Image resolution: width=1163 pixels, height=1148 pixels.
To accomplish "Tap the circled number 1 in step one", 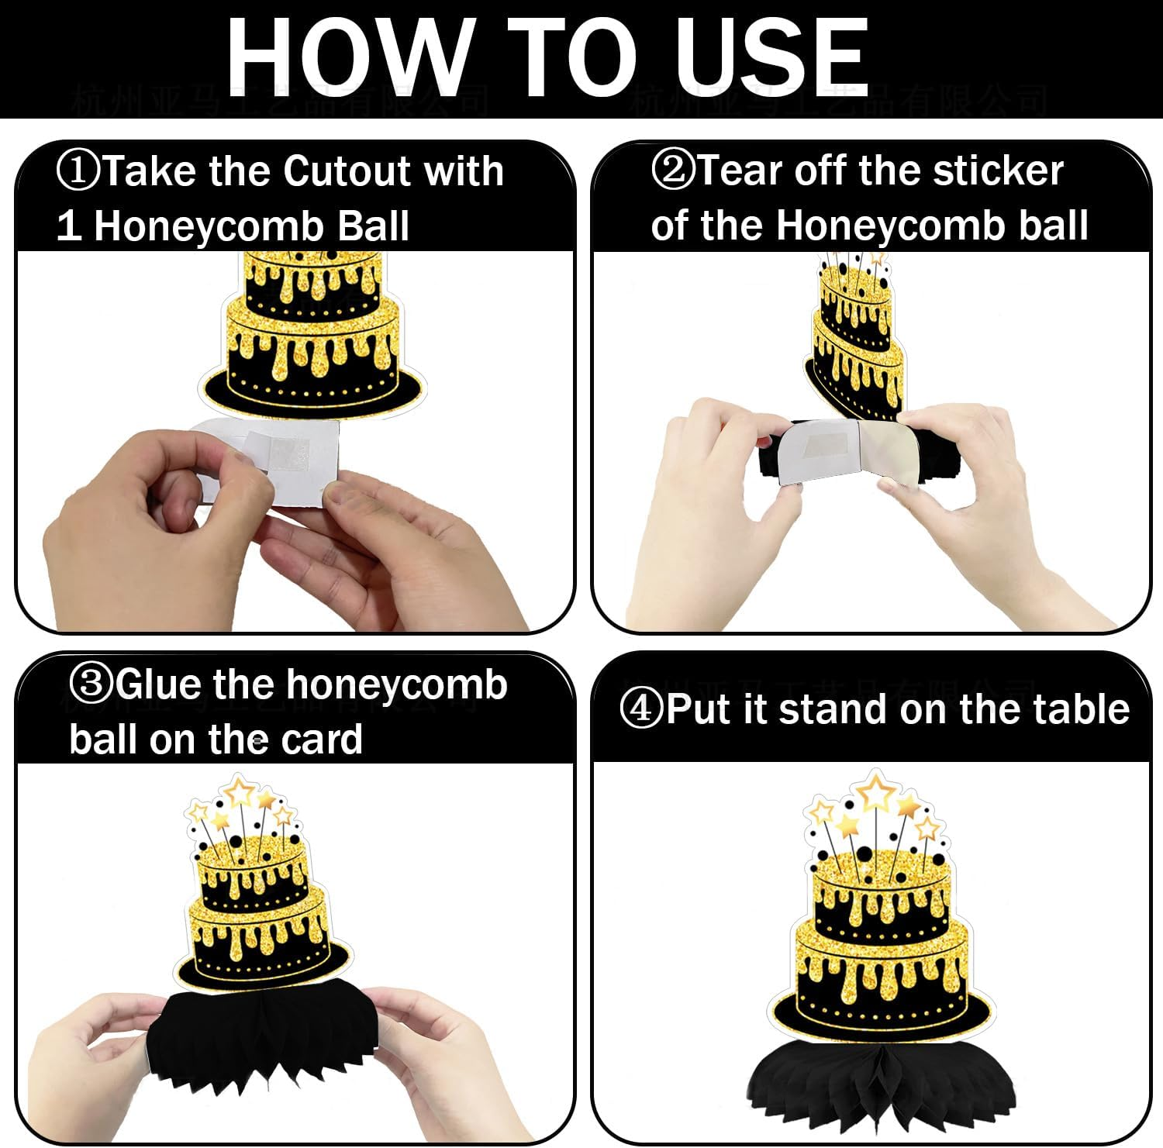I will (78, 171).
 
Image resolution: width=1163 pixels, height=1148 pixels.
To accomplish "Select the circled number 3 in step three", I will (91, 684).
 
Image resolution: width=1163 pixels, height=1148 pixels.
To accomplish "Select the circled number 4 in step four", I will (641, 709).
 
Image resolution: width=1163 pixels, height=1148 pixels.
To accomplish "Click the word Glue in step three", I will (160, 684).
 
